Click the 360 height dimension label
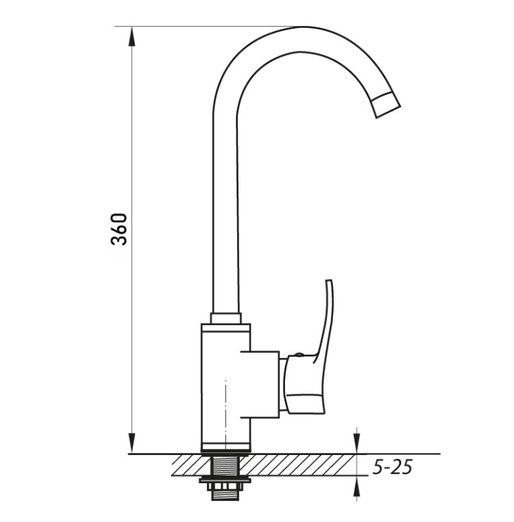pyautogui.click(x=119, y=230)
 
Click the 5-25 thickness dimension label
pyautogui.click(x=392, y=467)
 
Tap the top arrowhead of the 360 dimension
pyautogui.click(x=132, y=37)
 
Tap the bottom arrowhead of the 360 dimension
pyautogui.click(x=132, y=443)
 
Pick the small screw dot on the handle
pyautogui.click(x=298, y=355)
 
